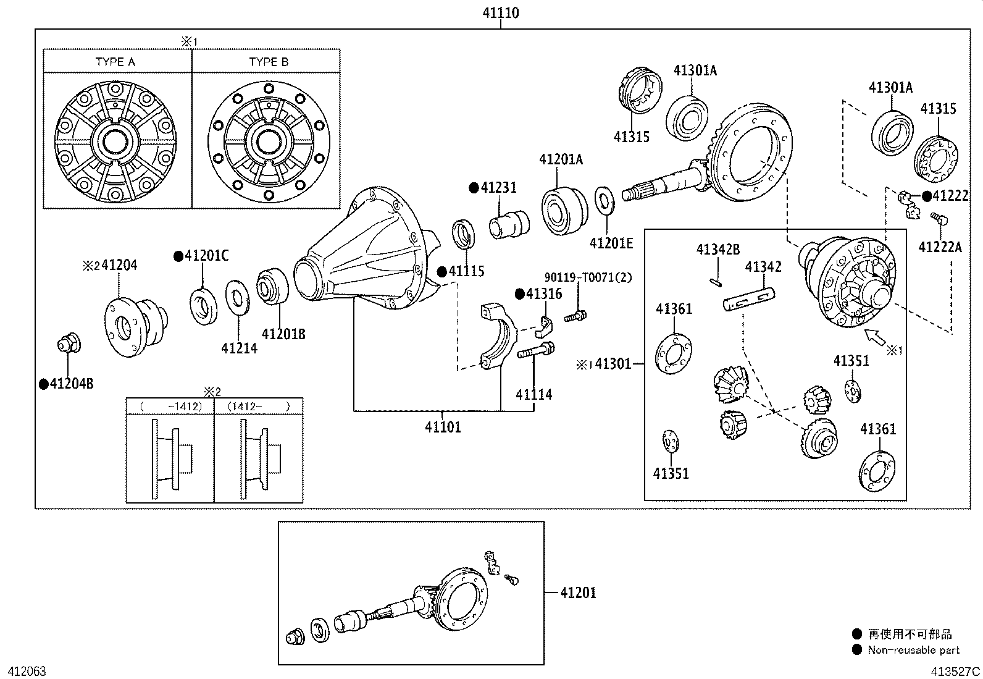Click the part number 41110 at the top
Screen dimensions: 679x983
pos(501,12)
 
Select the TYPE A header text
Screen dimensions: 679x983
pos(115,62)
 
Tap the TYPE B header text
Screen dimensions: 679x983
pos(269,62)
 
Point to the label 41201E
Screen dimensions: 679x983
pos(611,243)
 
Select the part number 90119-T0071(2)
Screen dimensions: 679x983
pos(588,277)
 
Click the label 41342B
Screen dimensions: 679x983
pos(717,250)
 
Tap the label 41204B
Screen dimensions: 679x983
pos(72,384)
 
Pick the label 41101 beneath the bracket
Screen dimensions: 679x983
pos(443,427)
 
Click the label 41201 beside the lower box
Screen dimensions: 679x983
pos(579,593)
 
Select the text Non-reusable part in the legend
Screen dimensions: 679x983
pos(913,649)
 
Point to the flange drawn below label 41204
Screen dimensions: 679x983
pos(135,326)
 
